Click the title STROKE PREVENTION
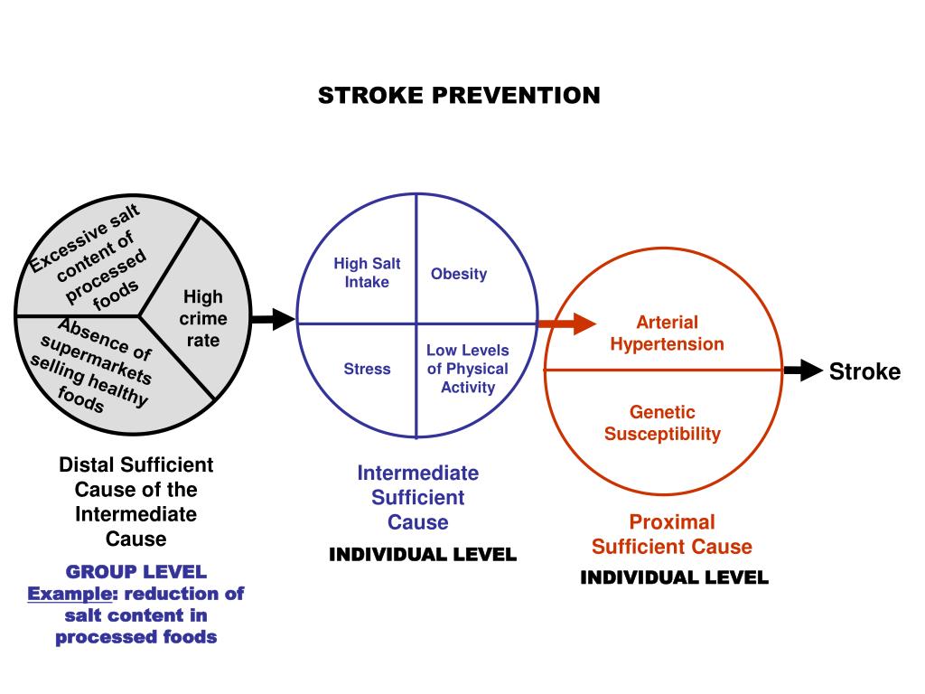[459, 96]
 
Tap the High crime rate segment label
[202, 318]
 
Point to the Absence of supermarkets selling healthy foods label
[90, 366]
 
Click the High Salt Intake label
[367, 273]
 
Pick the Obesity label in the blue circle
[459, 274]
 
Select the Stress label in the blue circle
[367, 369]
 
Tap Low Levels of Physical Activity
[468, 369]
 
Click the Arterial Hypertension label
[667, 333]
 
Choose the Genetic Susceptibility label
[662, 423]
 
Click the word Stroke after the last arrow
[864, 371]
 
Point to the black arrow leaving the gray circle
[273, 318]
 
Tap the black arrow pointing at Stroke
[802, 370]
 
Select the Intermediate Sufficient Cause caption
[418, 497]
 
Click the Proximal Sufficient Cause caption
[671, 534]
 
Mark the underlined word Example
[69, 594]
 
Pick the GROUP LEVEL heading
[136, 571]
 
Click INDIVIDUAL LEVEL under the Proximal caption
[674, 577]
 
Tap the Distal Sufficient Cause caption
[136, 502]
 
